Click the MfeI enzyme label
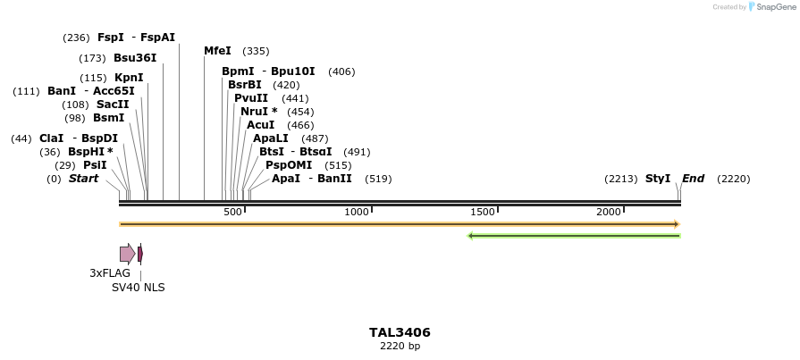217,51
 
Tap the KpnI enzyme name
129,78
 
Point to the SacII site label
113,105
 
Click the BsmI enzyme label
108,118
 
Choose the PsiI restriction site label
95,165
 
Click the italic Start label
83,179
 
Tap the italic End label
693,179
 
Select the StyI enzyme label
658,179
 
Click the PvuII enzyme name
251,98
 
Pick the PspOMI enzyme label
289,165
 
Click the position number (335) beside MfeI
256,51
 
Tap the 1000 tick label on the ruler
357,212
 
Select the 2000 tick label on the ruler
609,212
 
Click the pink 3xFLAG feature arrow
127,254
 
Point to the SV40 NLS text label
138,288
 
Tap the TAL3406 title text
400,332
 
